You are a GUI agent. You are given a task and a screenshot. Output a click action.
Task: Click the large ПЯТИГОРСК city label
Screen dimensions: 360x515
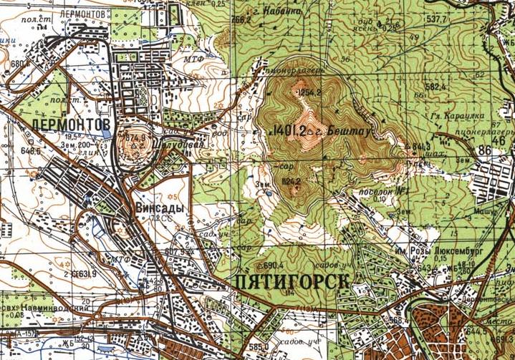click(293, 283)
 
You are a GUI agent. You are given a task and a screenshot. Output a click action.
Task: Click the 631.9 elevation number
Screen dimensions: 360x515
click(86, 273)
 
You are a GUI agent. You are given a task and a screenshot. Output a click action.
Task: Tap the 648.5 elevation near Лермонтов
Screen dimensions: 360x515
click(32, 151)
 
